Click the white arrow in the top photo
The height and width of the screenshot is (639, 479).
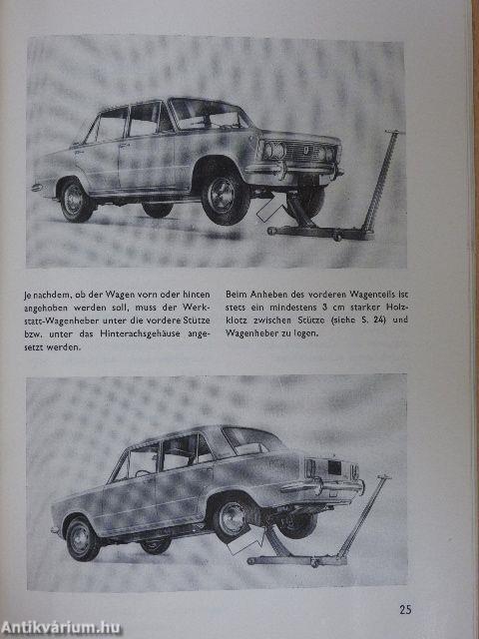tap(269, 209)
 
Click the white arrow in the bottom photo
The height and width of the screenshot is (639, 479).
tap(244, 541)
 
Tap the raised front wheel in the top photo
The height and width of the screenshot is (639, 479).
tap(225, 197)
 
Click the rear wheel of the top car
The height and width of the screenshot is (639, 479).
tap(77, 199)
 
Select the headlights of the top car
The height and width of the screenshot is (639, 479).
tap(299, 152)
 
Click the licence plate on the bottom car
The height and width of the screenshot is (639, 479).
tap(330, 467)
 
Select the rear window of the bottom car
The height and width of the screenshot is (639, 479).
tap(247, 440)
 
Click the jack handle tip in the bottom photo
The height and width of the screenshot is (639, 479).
tap(384, 479)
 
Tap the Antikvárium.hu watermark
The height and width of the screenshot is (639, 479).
tap(62, 627)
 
